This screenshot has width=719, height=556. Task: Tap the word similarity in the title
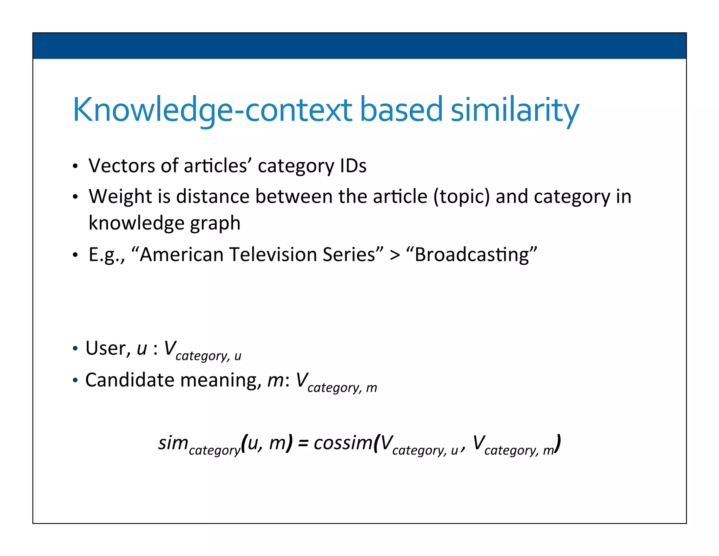tap(515, 110)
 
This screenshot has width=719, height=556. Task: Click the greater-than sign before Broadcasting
tap(395, 255)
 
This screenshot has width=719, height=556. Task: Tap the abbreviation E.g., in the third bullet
tap(106, 255)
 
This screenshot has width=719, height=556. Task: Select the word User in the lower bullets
tap(106, 348)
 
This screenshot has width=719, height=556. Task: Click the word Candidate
tap(130, 380)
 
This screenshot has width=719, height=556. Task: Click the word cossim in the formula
tap(343, 443)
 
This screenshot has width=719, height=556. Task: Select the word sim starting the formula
tap(173, 443)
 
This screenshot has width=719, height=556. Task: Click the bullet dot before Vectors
tap(75, 167)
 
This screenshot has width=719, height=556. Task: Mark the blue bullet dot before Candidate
tap(75, 381)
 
